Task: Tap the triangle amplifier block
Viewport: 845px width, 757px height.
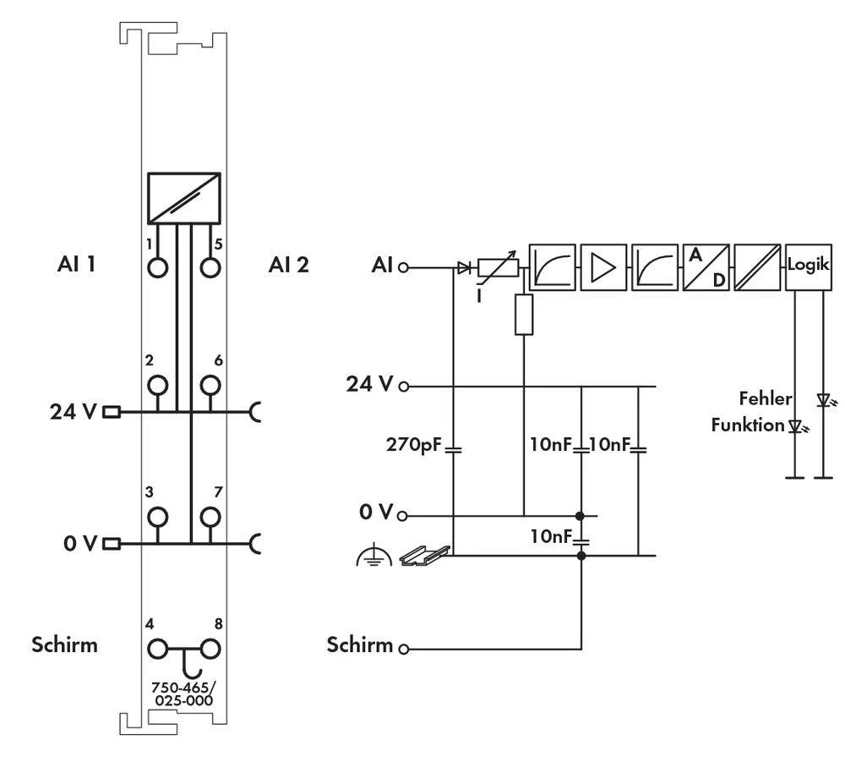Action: click(x=604, y=266)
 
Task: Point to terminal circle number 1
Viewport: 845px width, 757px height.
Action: click(x=157, y=267)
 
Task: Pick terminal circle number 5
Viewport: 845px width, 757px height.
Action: click(x=210, y=267)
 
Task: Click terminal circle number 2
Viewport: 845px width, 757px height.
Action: click(x=157, y=387)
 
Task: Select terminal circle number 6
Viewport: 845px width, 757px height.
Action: click(x=210, y=387)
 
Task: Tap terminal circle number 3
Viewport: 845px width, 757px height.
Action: click(x=157, y=517)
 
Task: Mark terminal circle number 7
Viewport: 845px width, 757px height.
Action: click(x=210, y=517)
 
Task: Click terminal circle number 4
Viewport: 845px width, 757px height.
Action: click(x=157, y=650)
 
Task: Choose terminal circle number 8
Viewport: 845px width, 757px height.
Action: click(x=210, y=650)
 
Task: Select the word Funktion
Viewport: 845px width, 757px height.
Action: click(x=748, y=425)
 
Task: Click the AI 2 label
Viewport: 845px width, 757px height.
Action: click(x=288, y=265)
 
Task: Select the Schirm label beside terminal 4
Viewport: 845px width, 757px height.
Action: click(x=64, y=645)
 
